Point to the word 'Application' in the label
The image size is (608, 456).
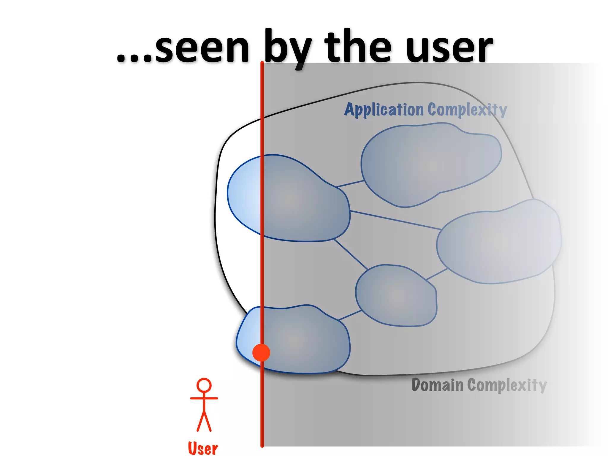pyautogui.click(x=384, y=110)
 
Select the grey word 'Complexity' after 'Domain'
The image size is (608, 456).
pyautogui.click(x=507, y=385)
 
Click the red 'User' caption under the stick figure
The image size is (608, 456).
pyautogui.click(x=203, y=448)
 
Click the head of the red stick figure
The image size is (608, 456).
pyautogui.click(x=204, y=385)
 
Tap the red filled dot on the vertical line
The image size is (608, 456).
pyautogui.click(x=261, y=353)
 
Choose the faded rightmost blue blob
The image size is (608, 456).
pyautogui.click(x=499, y=242)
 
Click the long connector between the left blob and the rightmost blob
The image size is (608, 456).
pyautogui.click(x=395, y=220)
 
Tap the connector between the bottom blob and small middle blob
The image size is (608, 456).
pyautogui.click(x=350, y=315)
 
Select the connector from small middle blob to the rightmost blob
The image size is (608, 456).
pyautogui.click(x=437, y=274)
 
